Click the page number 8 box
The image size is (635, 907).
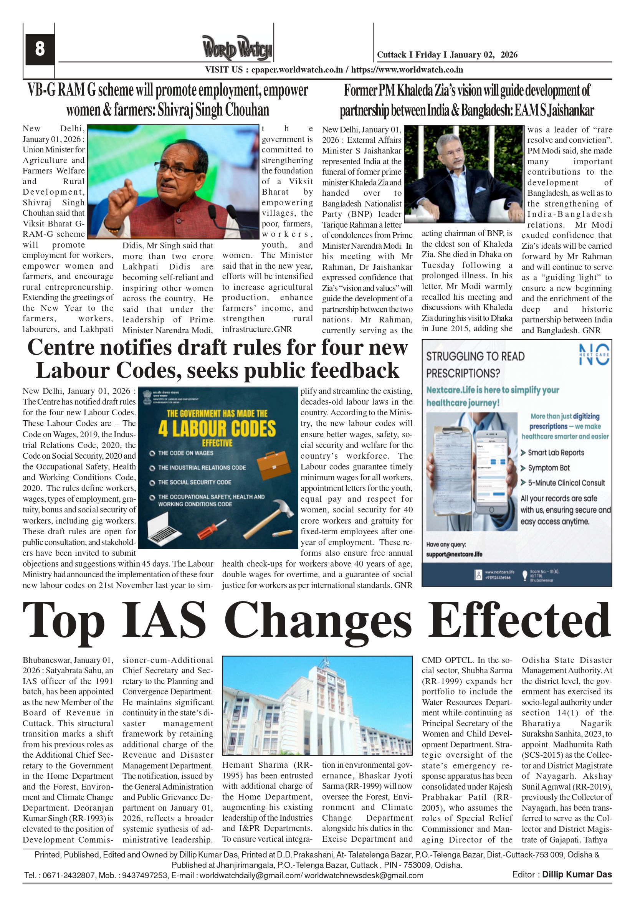(x=40, y=50)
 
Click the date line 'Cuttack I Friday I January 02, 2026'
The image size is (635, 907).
(x=447, y=55)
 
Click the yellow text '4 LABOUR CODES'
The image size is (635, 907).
(x=217, y=429)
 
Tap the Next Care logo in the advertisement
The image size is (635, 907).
(x=594, y=354)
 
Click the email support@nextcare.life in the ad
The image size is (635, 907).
(x=454, y=554)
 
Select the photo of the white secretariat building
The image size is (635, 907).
(x=317, y=705)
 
